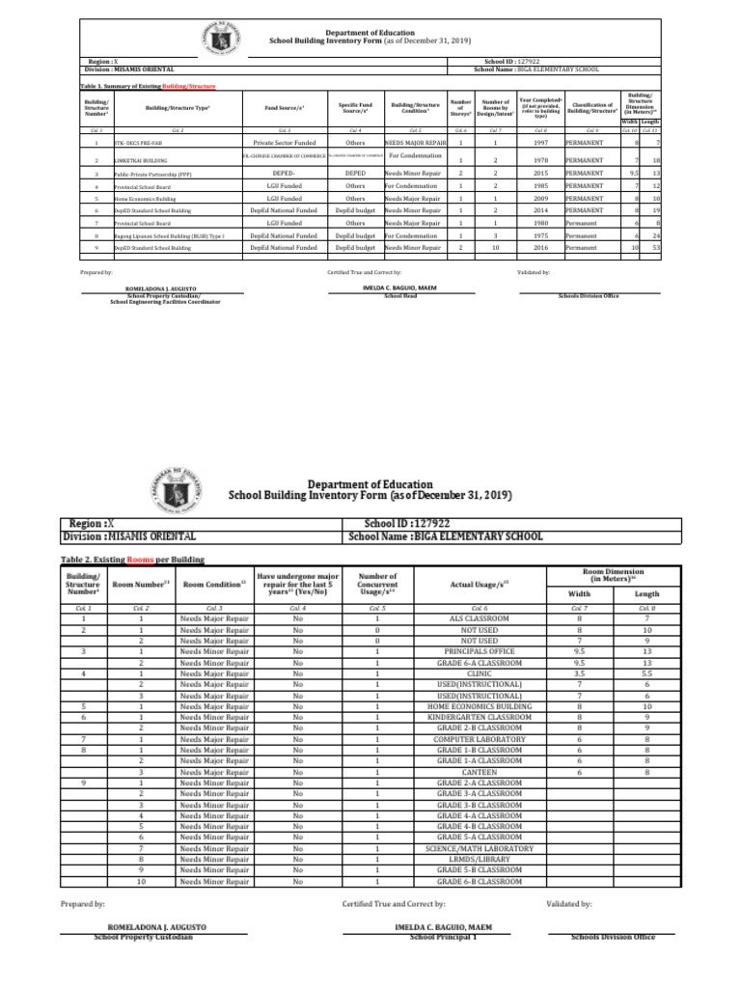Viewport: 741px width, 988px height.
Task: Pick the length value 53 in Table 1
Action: point(656,249)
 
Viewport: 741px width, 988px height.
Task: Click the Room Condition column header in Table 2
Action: point(214,584)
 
